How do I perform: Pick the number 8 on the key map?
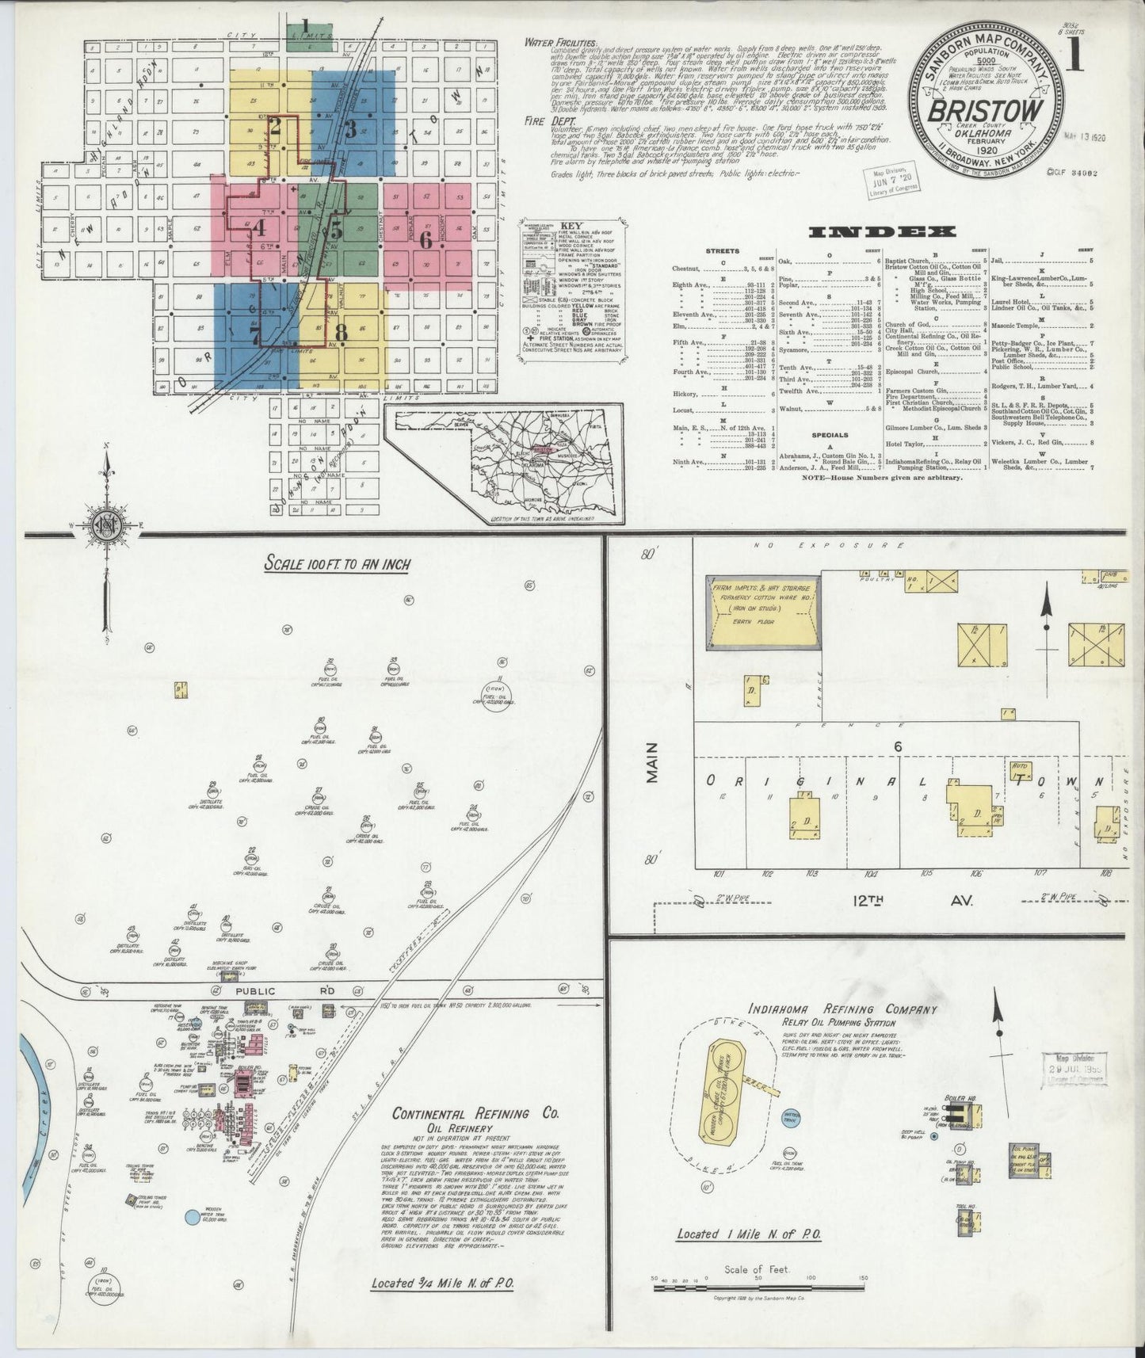[x=342, y=330]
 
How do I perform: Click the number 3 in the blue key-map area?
[x=349, y=130]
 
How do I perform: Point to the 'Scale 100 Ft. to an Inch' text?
[x=337, y=567]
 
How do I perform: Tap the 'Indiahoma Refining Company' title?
[x=842, y=1009]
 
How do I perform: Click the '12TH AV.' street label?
[x=919, y=901]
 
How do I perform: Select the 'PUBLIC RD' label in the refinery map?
[x=254, y=990]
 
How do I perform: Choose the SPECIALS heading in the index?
[x=829, y=434]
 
